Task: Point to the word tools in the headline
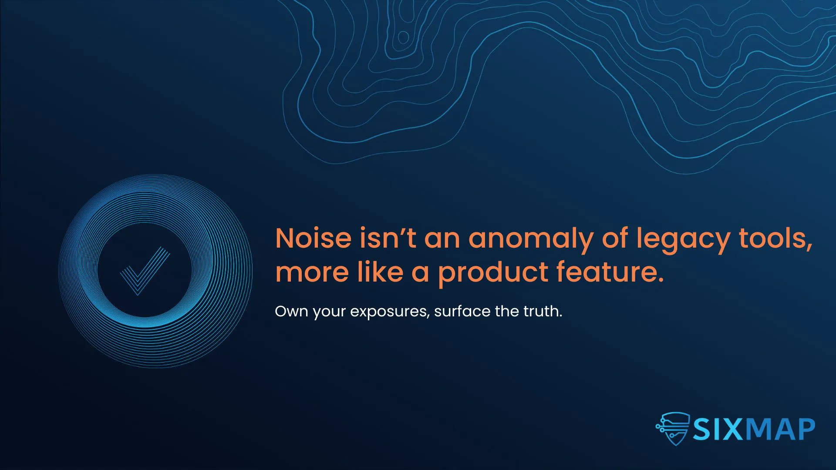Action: pos(776,239)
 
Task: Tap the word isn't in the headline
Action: pos(388,238)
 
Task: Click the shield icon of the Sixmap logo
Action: pos(673,429)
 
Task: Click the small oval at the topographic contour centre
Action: pos(404,37)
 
